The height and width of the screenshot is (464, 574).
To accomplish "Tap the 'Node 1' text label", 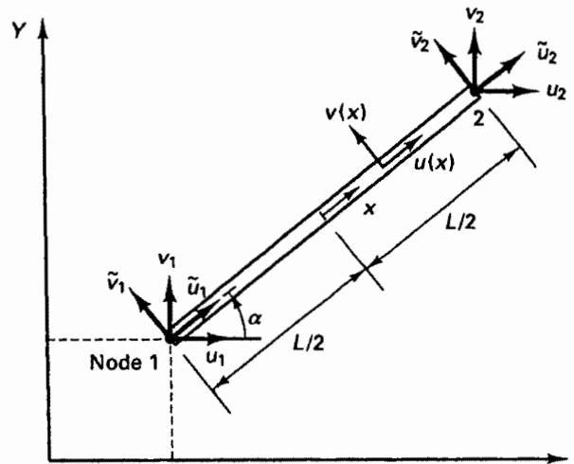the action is coord(124,363).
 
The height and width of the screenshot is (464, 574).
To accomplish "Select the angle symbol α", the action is coord(255,319).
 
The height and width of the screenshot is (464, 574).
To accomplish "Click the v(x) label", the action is coord(346,114).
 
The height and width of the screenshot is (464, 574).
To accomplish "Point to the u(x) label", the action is coord(434,163).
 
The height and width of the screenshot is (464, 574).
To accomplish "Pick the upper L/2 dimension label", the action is coord(460,221).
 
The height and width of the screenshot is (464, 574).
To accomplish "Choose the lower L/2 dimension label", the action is coord(309,343).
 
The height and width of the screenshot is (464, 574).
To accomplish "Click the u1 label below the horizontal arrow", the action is coord(215,358).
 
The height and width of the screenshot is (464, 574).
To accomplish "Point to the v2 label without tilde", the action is coord(475,14).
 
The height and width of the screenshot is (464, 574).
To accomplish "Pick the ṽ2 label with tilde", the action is coord(420,45).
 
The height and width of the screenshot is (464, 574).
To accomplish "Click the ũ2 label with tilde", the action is coord(547,54).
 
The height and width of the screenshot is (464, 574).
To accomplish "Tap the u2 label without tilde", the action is coord(556,92).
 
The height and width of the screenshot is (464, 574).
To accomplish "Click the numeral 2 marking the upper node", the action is coord(479,118).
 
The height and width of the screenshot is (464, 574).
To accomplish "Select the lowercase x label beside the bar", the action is coord(370,209).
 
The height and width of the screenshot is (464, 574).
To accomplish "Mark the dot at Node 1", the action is coord(170,338).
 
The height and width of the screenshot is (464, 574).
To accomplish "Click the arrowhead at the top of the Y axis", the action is coord(44,27).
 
